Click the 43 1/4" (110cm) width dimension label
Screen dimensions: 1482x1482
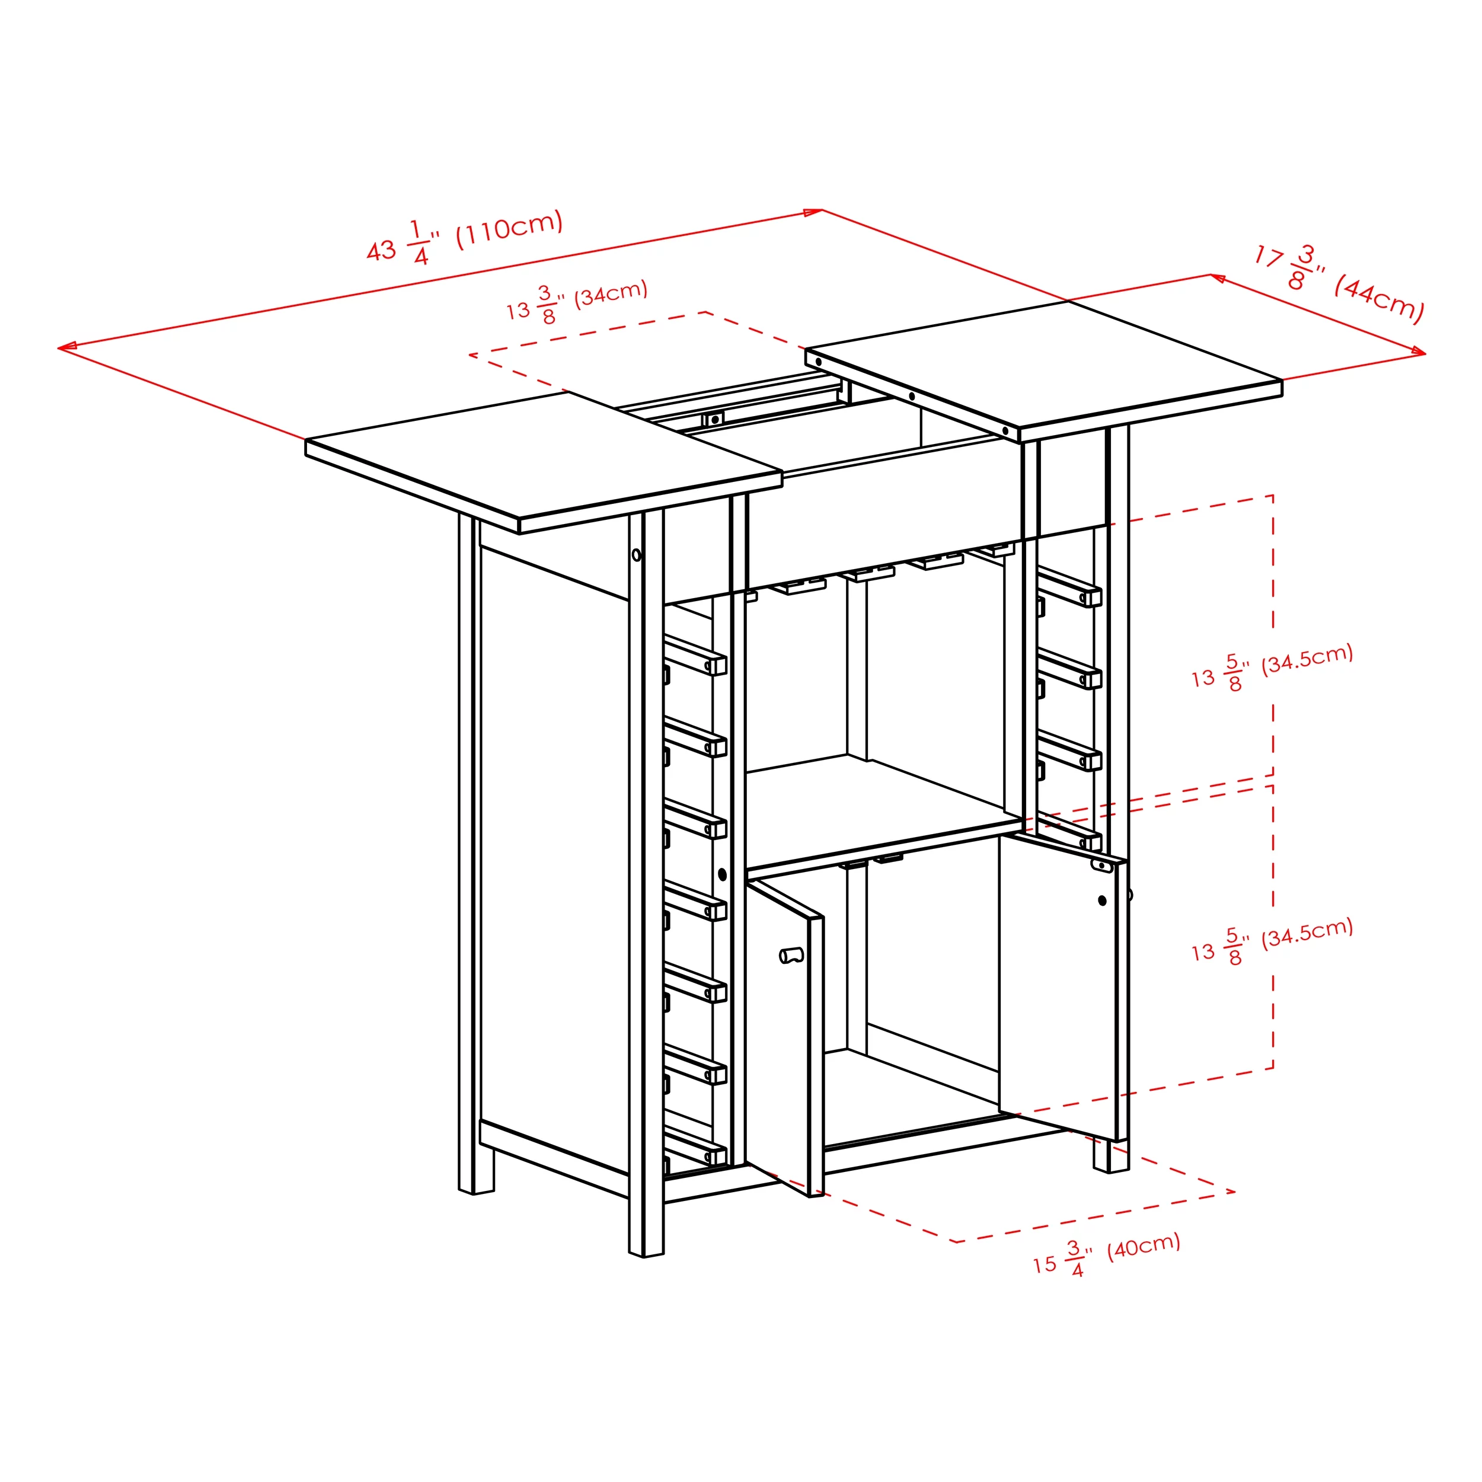[465, 237]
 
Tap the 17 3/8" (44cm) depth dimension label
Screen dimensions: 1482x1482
[1338, 284]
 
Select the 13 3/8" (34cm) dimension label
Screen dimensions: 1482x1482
[577, 302]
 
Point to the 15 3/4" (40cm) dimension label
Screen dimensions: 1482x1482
[1106, 1256]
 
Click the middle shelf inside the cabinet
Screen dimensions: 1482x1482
[882, 813]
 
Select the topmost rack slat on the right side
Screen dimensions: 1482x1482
[1069, 587]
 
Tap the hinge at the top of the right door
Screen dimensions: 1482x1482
[1101, 865]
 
